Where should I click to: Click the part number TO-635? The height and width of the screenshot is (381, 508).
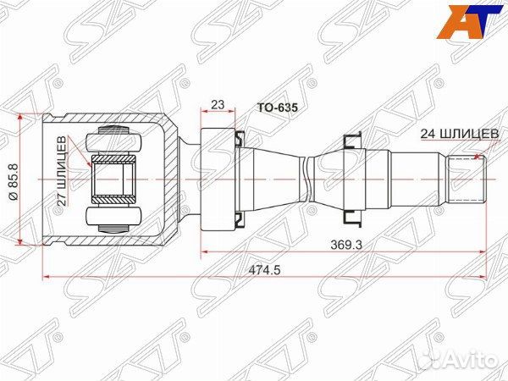click(277, 109)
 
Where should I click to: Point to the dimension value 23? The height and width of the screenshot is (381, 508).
click(217, 105)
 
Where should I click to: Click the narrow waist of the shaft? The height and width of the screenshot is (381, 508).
click(306, 179)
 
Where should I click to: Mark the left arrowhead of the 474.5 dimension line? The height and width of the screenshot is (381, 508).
click(47, 275)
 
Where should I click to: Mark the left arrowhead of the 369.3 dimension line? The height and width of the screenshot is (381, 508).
click(205, 251)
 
